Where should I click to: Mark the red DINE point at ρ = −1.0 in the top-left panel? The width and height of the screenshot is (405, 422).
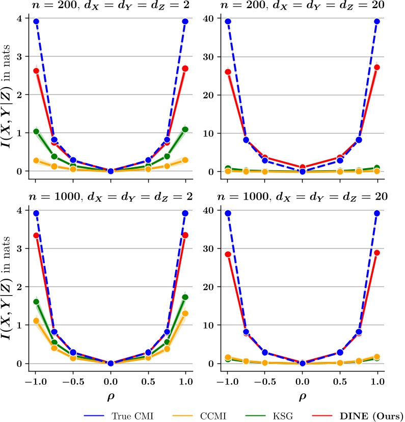click(x=36, y=71)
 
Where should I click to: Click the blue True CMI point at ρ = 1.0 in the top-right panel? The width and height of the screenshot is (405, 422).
click(x=377, y=21)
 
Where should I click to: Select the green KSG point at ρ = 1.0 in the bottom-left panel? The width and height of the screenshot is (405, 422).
click(x=185, y=297)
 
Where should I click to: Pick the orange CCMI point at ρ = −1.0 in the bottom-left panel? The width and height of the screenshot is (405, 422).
click(x=36, y=321)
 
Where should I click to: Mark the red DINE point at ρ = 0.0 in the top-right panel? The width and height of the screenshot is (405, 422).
click(x=303, y=167)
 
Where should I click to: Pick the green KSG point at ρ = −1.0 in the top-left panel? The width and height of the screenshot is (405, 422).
click(x=36, y=131)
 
